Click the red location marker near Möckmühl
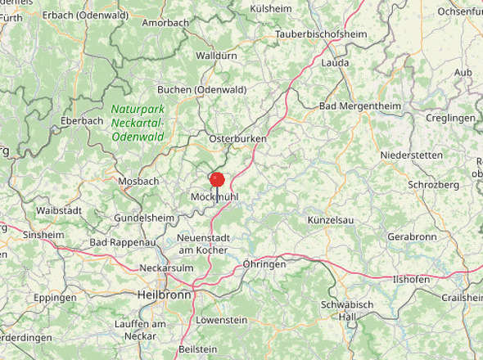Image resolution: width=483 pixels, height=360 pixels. click(217, 180)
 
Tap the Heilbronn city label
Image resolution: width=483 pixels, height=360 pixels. click(164, 294)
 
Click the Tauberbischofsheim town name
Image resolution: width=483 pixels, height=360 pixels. click(321, 34)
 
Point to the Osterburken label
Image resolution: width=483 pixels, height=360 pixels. click(238, 139)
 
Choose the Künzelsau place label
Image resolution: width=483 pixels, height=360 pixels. click(328, 221)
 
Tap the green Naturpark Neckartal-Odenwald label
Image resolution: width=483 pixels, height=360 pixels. click(138, 122)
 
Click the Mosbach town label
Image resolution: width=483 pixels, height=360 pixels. click(138, 181)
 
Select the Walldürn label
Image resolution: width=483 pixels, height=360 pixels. click(216, 56)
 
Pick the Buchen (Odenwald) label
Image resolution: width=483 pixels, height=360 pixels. click(202, 89)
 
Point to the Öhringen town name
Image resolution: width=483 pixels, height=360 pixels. click(264, 264)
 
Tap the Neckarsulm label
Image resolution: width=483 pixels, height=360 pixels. click(166, 268)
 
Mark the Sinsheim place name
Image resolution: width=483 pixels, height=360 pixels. click(43, 234)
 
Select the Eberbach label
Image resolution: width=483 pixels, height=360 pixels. click(82, 120)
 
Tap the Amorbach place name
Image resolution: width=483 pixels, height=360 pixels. click(165, 23)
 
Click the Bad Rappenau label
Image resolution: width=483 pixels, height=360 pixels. click(123, 243)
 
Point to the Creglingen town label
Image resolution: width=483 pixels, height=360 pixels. click(450, 118)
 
